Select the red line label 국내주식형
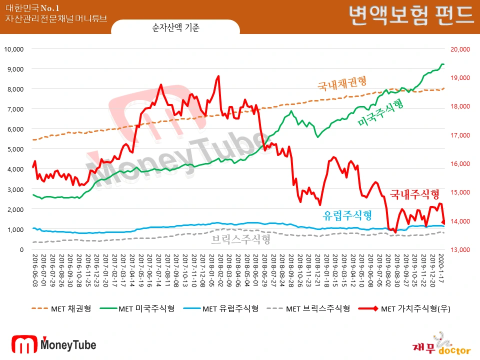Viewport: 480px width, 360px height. click(415, 194)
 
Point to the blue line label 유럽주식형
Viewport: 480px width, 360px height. click(347, 215)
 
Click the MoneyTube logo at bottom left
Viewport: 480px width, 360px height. click(53, 344)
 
